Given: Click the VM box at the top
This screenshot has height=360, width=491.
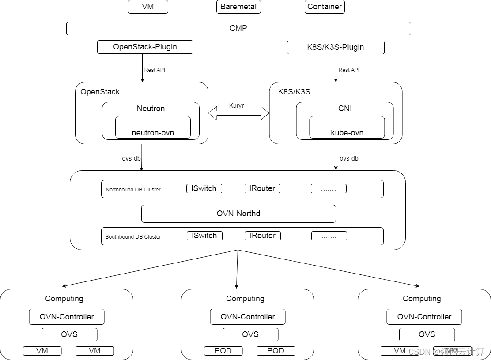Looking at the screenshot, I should coord(148,7).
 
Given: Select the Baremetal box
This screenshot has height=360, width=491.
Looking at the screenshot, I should coord(238,7).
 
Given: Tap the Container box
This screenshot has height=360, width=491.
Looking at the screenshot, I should coord(325,7).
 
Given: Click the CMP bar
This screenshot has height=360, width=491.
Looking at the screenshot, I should coord(238,28).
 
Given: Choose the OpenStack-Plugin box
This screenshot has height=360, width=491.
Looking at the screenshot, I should coord(145,47).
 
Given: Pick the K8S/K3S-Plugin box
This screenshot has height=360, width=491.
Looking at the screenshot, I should coord(336,47).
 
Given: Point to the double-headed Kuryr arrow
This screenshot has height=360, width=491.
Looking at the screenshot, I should coord(238,113).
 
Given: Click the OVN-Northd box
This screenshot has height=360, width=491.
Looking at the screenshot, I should coord(238,214).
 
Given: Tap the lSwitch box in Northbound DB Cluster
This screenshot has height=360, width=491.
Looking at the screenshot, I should coord(204,188).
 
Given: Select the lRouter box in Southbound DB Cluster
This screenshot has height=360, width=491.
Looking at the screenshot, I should coord(263,236).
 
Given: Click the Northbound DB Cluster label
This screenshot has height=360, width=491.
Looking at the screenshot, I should coord(133,190).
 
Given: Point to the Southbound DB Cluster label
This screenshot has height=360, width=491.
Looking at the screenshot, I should coord(133,237).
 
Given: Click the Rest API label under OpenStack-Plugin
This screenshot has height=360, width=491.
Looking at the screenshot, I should coord(155,70).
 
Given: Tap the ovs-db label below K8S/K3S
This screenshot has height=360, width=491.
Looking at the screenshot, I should coord(349,158).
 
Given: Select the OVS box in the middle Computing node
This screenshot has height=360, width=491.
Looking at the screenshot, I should coord(250,334).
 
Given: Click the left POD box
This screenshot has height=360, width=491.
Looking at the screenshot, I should coord(223,351).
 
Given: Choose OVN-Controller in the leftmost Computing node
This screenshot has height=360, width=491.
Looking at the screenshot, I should coord(67,317).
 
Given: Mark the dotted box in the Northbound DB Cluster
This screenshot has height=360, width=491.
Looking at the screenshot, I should coord(329,189).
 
